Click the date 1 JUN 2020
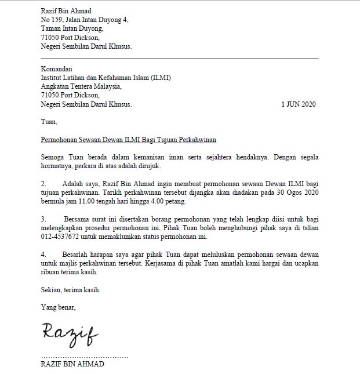pyautogui.click(x=299, y=105)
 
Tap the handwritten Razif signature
pyautogui.click(x=69, y=332)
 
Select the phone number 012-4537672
pyautogui.click(x=60, y=237)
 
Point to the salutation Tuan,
pyautogui.click(x=49, y=122)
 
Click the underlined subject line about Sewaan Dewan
pyautogui.click(x=129, y=140)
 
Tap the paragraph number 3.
pyautogui.click(x=43, y=220)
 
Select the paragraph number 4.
pyautogui.click(x=43, y=255)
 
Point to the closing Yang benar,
pyautogui.click(x=58, y=307)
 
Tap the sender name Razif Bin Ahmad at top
pyautogui.click(x=66, y=11)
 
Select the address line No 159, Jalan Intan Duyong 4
pyautogui.click(x=85, y=20)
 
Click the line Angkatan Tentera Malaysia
pyautogui.click(x=81, y=86)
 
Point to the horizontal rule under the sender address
pyautogui.click(x=180, y=59)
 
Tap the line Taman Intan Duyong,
pyautogui.click(x=72, y=28)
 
